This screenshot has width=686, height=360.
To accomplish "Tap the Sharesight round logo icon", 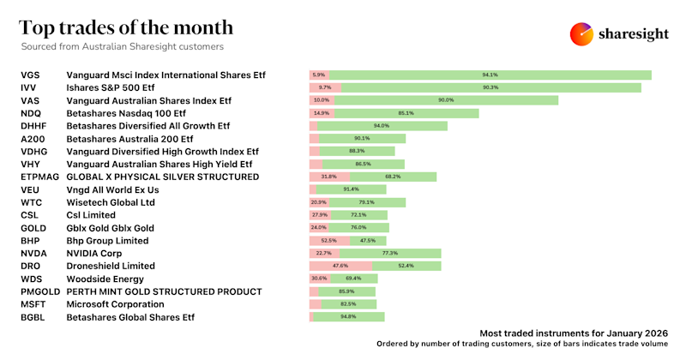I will [x=582, y=33].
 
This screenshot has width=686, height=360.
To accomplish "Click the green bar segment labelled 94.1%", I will [x=490, y=75].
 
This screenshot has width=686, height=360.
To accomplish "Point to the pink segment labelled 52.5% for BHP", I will [x=328, y=241].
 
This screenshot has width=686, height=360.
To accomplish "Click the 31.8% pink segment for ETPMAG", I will [x=328, y=177].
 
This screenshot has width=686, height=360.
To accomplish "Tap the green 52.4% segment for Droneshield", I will [x=406, y=267].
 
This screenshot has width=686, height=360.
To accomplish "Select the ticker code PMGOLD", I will [x=40, y=291].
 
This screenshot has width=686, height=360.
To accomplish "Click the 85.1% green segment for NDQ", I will [x=406, y=113].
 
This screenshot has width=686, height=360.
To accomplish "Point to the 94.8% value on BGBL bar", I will [x=347, y=317].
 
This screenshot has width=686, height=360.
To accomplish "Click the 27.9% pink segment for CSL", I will [x=320, y=215].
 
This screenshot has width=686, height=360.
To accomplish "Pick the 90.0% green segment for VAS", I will [x=446, y=100].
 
